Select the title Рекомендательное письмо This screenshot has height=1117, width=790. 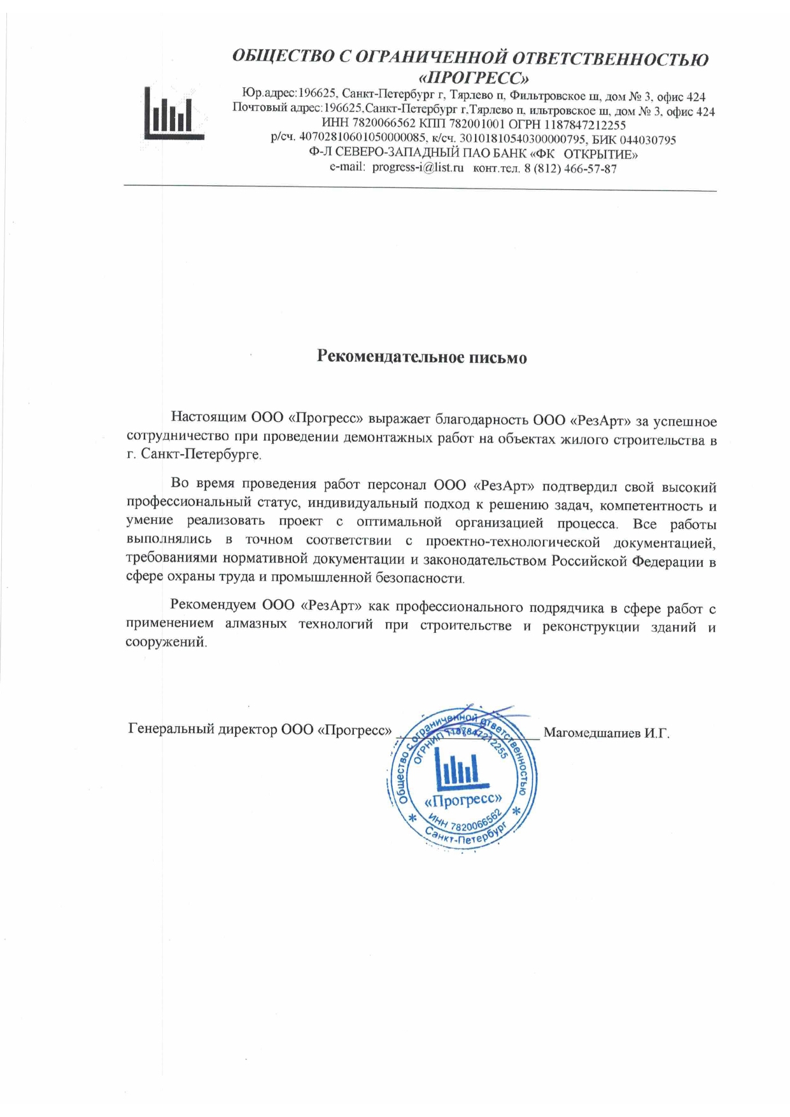point(422,357)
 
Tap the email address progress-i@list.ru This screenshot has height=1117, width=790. point(418,169)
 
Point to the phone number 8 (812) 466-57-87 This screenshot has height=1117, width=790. point(570,169)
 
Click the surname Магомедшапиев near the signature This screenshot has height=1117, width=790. point(591,733)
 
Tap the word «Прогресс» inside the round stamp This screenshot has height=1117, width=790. point(463,799)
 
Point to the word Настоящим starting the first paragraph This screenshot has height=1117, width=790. point(208,418)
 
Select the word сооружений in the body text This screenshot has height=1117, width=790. point(166,642)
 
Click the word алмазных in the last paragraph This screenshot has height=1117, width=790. point(255,624)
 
